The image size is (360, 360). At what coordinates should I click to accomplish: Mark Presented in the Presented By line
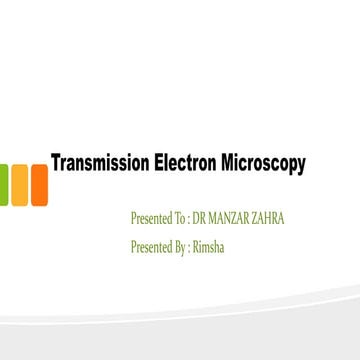[x=153, y=247]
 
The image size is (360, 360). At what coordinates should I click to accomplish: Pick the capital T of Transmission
[x=56, y=163]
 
